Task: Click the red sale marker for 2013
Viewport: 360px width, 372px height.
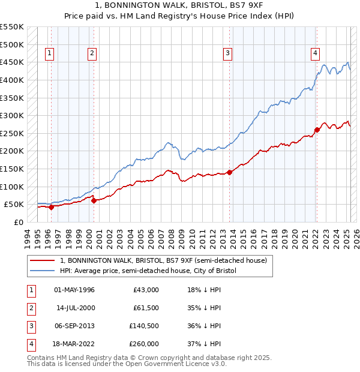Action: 230,172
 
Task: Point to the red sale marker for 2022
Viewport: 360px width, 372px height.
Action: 317,130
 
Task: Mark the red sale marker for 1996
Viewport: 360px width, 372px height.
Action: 51,207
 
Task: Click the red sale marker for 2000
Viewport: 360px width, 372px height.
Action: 94,200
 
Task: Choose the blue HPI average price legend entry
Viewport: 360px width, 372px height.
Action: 148,271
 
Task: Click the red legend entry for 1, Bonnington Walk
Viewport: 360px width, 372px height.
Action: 167,260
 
